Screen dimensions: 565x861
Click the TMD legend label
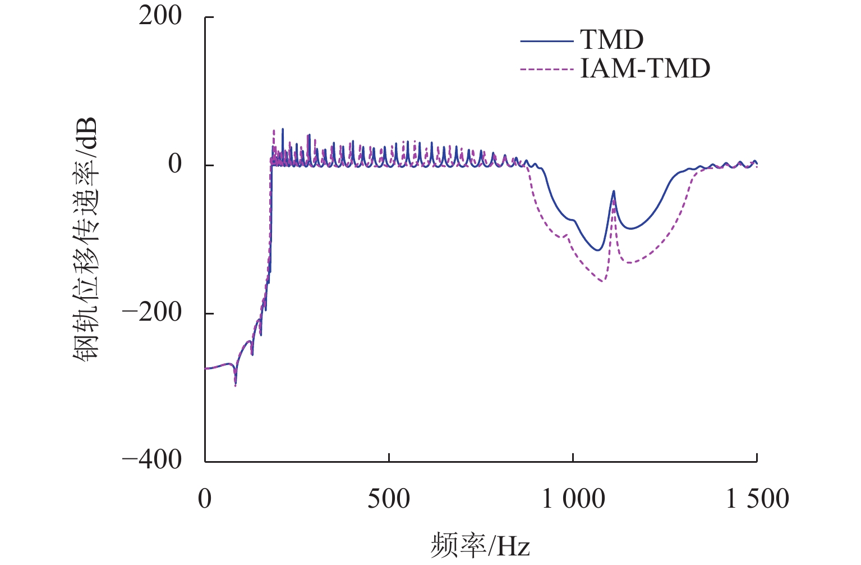pos(611,40)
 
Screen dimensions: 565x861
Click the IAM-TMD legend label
pos(645,69)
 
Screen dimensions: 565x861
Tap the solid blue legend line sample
pos(546,41)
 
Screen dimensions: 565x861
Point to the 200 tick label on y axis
pos(160,16)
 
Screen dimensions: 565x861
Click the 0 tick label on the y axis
pos(175,165)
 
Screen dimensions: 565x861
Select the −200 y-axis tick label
pos(152,313)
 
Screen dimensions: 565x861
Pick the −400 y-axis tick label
pos(152,461)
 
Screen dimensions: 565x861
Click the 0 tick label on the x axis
pos(205,498)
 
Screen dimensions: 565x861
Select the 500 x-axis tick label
pos(389,498)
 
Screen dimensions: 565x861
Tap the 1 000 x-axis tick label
pos(573,498)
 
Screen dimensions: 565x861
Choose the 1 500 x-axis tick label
pos(757,498)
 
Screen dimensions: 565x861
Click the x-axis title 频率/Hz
pos(480,545)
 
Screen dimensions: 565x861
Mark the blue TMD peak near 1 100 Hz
pos(614,192)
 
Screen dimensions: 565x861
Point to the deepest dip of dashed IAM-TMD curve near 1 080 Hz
pos(602,281)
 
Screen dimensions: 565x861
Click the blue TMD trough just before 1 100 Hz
pos(598,250)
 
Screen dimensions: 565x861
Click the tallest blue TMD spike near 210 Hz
pos(283,129)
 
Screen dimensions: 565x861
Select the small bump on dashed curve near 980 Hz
pos(567,235)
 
